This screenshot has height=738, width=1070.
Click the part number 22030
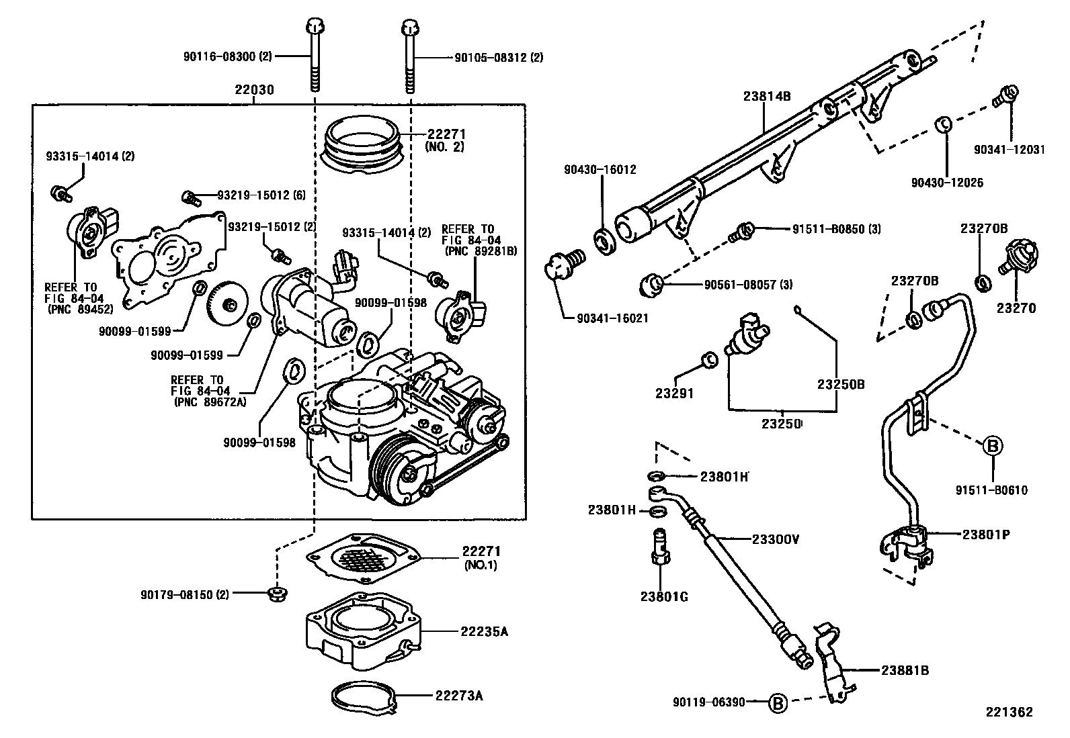coord(254,89)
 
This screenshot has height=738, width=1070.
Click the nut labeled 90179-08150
coord(276,594)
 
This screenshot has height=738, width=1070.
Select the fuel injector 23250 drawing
coord(746,334)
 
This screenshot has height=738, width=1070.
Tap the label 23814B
coord(767,96)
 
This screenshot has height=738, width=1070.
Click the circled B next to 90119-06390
coord(777,703)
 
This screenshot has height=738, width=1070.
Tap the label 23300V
coord(775,539)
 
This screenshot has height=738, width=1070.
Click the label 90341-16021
coord(612,318)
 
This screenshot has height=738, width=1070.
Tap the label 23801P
coord(987,535)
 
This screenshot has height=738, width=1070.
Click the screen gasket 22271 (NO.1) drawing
coord(364,556)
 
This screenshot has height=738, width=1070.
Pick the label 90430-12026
coord(947,182)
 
